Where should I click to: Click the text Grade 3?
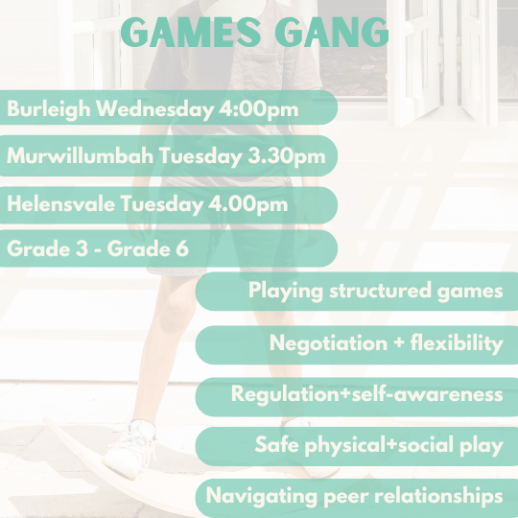click(43, 247)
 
